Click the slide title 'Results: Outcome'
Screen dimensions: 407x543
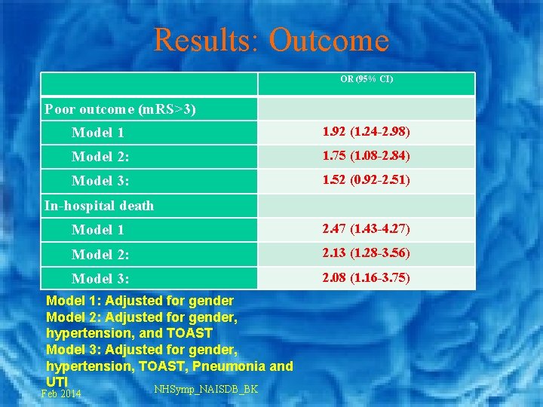[271, 40]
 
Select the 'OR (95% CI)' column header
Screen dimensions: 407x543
[367, 79]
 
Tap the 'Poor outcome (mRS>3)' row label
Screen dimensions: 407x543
[120, 109]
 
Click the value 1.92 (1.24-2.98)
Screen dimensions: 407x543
[366, 133]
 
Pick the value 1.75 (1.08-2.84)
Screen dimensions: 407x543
[366, 157]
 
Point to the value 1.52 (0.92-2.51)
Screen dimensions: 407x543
[366, 181]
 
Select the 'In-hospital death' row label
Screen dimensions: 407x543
[99, 206]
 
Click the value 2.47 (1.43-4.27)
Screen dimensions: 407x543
[366, 229]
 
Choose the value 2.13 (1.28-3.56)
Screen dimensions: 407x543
[366, 253]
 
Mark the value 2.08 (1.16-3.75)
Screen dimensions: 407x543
[366, 278]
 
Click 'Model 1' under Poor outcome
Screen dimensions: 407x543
[98, 133]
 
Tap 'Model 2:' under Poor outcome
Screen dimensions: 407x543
[100, 158]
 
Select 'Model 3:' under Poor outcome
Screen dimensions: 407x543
[100, 182]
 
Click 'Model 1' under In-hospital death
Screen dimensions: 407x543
[98, 230]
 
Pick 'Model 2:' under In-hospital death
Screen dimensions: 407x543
[100, 254]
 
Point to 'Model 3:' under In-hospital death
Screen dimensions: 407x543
[100, 279]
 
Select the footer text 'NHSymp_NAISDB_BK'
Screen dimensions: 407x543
[206, 389]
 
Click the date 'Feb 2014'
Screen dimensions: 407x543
[61, 394]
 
